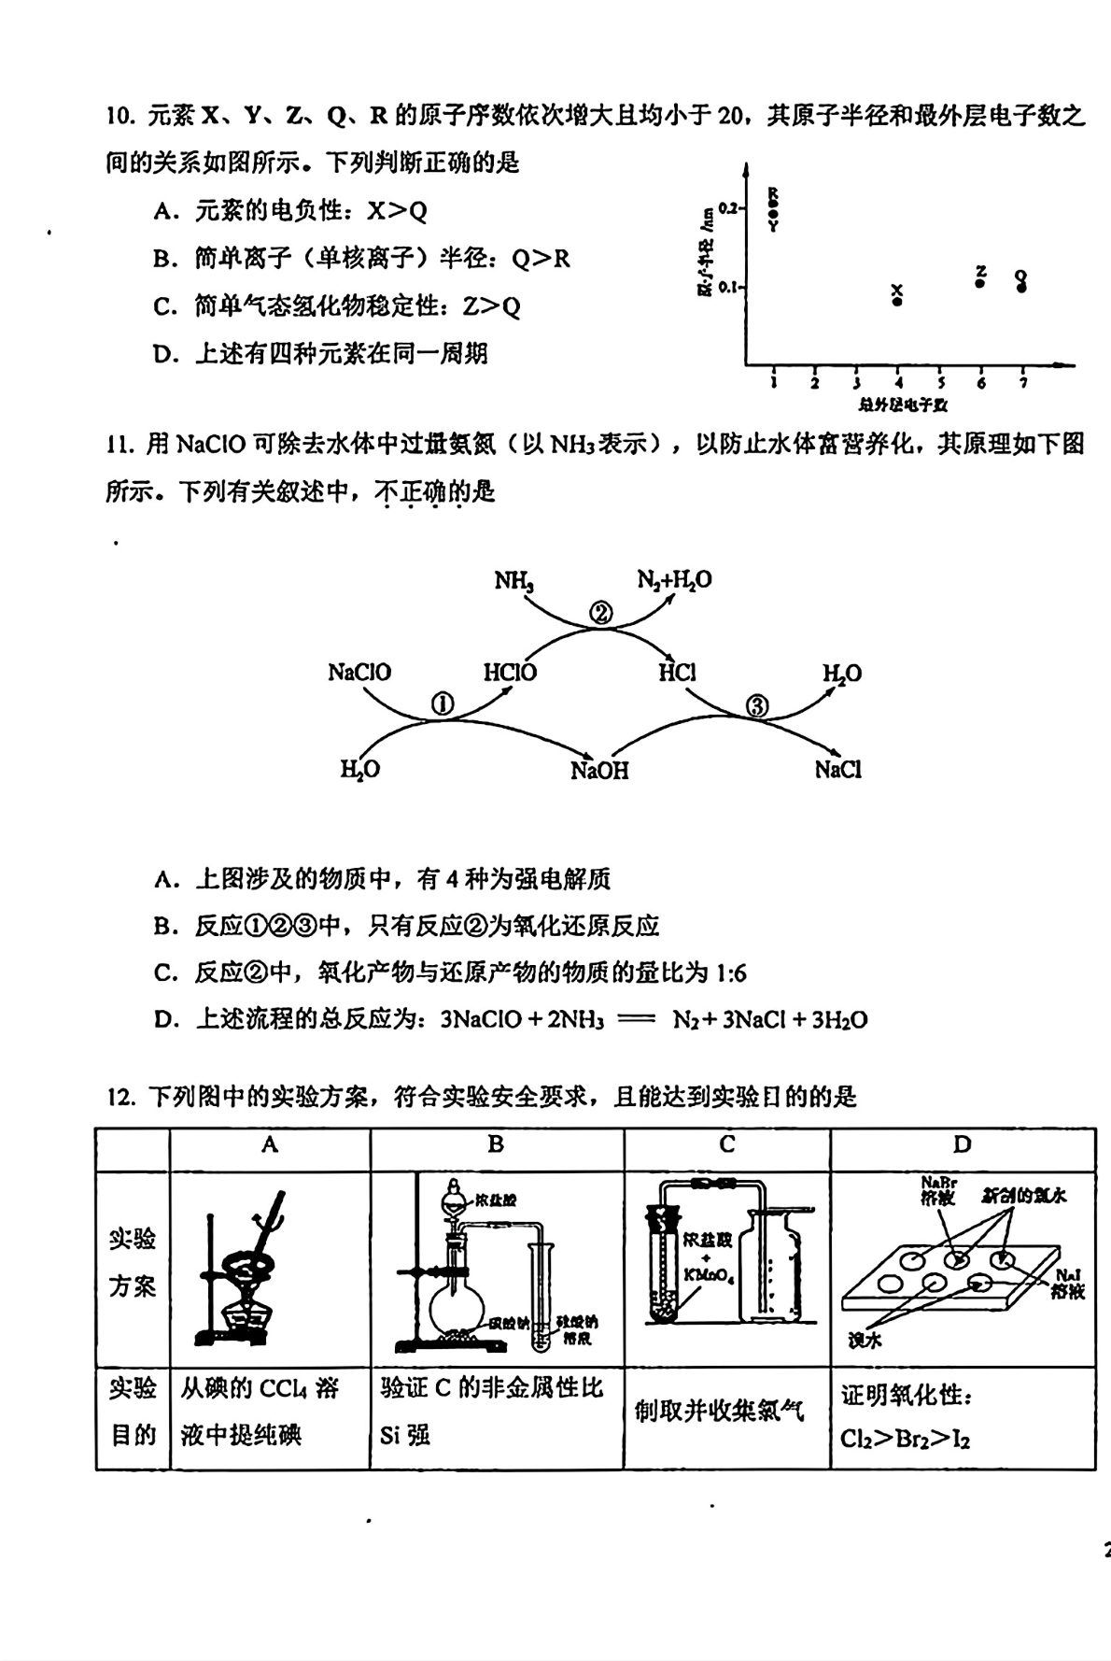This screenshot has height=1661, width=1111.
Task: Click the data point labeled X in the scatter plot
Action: [897, 301]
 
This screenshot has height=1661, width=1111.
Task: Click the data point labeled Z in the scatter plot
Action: [980, 282]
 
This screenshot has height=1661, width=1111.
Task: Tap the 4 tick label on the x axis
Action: [898, 382]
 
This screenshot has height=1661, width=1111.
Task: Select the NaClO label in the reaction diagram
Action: [359, 672]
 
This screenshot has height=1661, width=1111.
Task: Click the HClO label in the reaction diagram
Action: [510, 672]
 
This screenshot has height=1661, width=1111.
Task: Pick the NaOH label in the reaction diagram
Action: [599, 771]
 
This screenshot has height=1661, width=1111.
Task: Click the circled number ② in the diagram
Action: [601, 613]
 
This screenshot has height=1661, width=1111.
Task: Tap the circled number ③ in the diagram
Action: [757, 706]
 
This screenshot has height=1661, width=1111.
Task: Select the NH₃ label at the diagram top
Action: [513, 581]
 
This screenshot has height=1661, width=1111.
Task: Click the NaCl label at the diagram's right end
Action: [837, 770]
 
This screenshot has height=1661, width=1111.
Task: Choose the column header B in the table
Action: [496, 1144]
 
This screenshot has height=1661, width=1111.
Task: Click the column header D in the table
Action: [962, 1144]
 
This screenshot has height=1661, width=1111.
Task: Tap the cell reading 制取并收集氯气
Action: [719, 1411]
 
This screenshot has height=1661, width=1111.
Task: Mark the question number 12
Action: [121, 1097]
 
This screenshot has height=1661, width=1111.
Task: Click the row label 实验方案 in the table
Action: [133, 1263]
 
